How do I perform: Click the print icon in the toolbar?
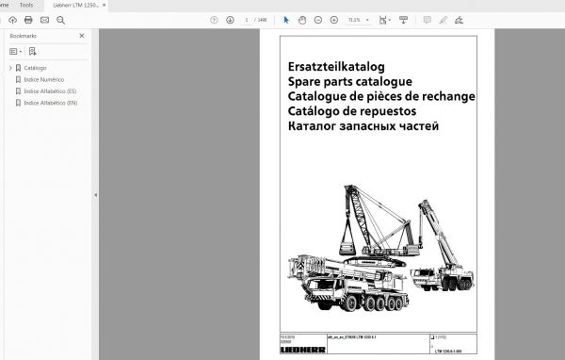tap(28, 19)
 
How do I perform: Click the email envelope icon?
tap(44, 19)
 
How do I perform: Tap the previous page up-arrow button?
tap(214, 19)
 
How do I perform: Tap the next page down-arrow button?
tap(230, 19)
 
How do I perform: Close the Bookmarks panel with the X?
tap(82, 36)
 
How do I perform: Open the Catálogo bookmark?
tap(35, 68)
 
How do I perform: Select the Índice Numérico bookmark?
tap(44, 79)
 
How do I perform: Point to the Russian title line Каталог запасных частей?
tap(363, 126)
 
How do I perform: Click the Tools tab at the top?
tap(27, 5)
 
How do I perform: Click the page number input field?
tap(248, 19)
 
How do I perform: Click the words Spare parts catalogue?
tap(350, 82)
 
